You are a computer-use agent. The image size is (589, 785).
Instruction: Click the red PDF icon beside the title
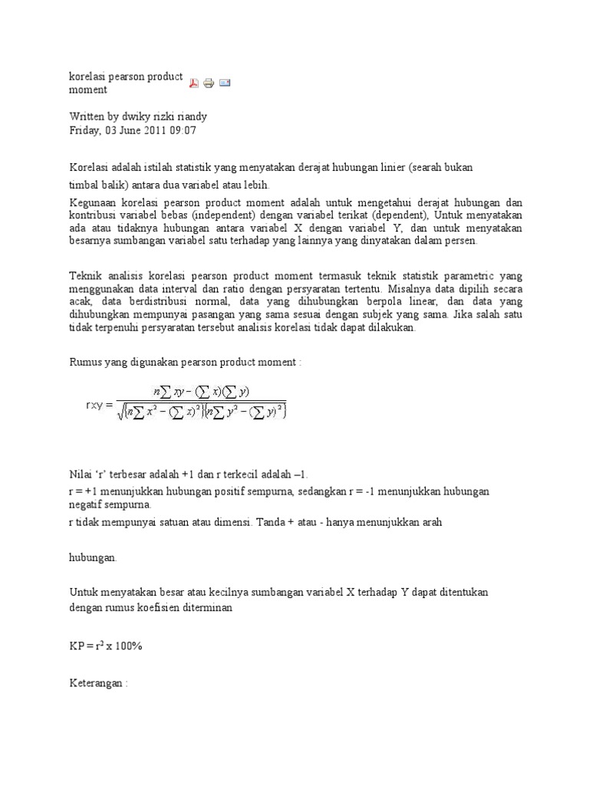tap(194, 83)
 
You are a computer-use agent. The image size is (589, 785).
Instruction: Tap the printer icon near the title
tap(209, 83)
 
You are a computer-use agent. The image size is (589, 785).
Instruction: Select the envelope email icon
tap(225, 82)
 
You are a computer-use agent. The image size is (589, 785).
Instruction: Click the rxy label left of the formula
tap(99, 404)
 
